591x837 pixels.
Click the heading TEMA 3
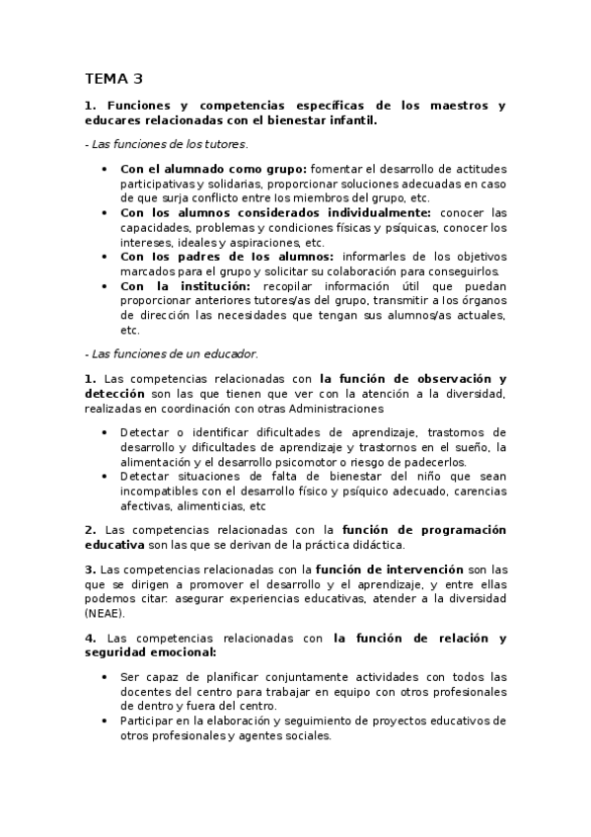113,78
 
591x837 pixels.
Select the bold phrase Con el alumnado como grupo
213,168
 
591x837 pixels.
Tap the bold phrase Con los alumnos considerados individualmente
275,212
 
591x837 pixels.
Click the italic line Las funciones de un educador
172,353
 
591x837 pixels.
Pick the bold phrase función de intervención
389,570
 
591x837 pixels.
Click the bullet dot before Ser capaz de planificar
107,677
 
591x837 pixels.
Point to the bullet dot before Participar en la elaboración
107,722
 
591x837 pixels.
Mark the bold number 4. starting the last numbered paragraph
90,639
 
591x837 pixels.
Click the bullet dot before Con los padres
107,257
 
